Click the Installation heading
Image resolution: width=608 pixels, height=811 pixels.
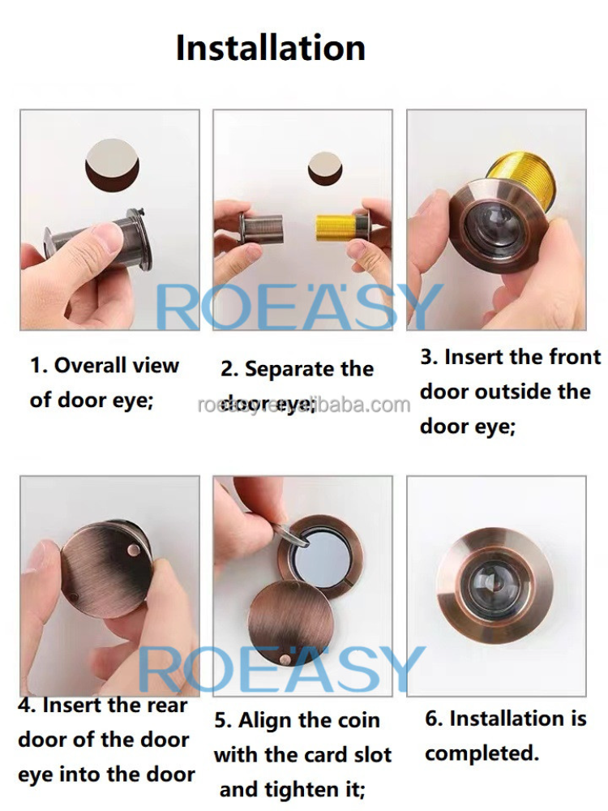coord(271,48)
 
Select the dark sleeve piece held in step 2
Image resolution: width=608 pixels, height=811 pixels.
coord(263,230)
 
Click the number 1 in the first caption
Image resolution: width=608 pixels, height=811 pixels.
coord(36,366)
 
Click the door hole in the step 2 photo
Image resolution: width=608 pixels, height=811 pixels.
coord(324,168)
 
